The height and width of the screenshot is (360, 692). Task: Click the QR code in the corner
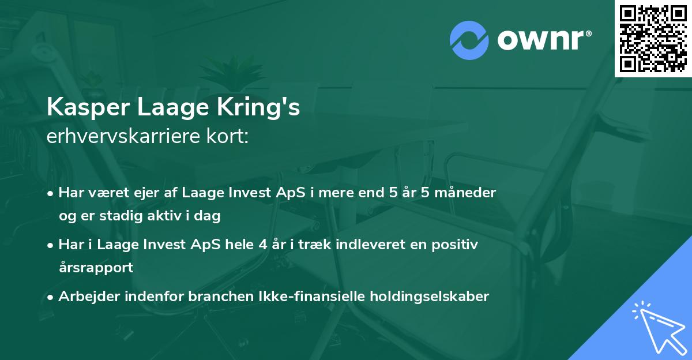653,38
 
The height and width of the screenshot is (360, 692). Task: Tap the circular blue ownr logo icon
468,39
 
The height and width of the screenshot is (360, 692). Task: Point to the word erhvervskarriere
118,137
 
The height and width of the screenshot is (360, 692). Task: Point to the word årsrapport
96,268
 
